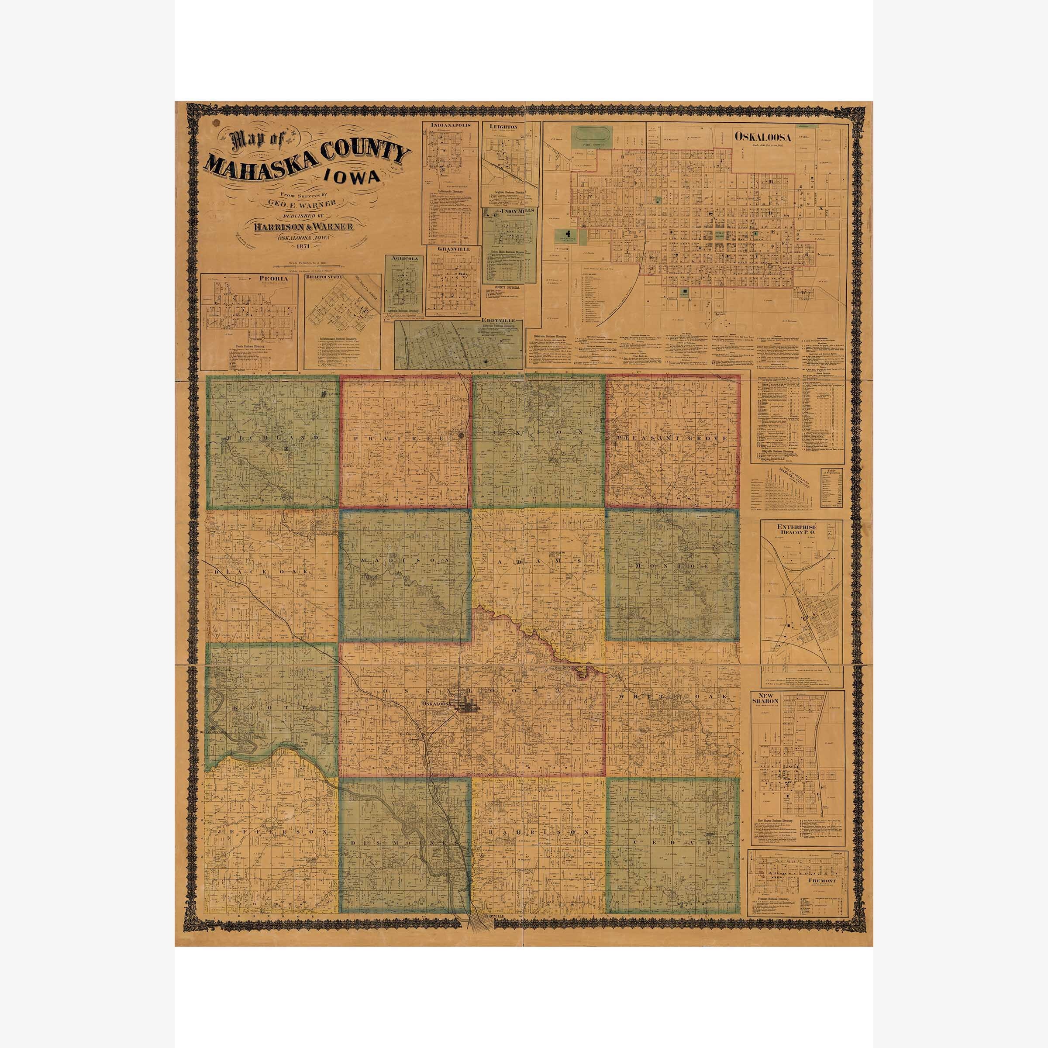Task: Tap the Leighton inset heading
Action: pyautogui.click(x=504, y=126)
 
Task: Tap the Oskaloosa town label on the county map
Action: pyautogui.click(x=437, y=704)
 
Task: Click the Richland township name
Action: pyautogui.click(x=272, y=437)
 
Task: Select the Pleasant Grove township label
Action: pyautogui.click(x=672, y=437)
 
